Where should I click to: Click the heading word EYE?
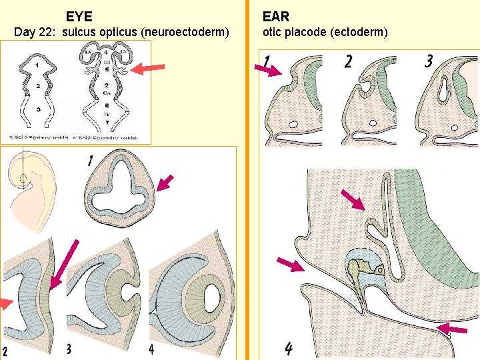point(79,16)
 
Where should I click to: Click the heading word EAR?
point(276,16)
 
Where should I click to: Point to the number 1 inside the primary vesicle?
point(37,65)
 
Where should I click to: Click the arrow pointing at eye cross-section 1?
point(165,183)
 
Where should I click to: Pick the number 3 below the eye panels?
point(69,348)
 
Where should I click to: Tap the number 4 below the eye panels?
point(152,348)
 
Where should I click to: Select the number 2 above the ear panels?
point(348,62)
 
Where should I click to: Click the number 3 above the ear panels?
point(429,61)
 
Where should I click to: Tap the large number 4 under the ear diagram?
point(289,347)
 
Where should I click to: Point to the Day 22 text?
point(34,32)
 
